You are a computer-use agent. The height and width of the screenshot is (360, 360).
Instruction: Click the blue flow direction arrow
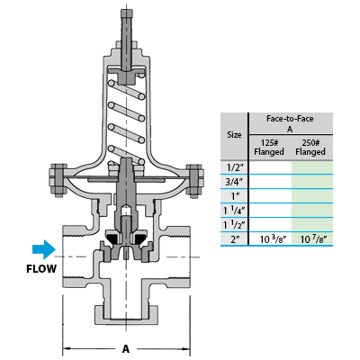pos(44,249)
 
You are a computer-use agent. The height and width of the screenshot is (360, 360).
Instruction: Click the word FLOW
pos(41,269)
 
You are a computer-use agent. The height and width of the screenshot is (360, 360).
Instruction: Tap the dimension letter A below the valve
pos(126,349)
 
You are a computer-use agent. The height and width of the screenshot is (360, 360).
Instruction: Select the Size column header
pos(234,135)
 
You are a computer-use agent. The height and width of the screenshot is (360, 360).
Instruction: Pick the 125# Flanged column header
pos(269,147)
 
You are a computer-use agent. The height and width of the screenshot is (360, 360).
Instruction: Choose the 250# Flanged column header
pos(310,147)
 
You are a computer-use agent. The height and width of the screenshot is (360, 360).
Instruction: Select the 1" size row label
pos(233,196)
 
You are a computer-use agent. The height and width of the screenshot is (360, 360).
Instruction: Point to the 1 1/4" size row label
pos(234,211)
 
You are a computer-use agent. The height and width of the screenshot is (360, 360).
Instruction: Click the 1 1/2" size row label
pos(234,225)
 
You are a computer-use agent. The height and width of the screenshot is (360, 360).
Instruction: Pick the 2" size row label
pos(233,239)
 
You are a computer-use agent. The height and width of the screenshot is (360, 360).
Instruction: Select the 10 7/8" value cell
pos(313,239)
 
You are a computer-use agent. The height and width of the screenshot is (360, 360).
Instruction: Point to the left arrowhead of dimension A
pos(67,349)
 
